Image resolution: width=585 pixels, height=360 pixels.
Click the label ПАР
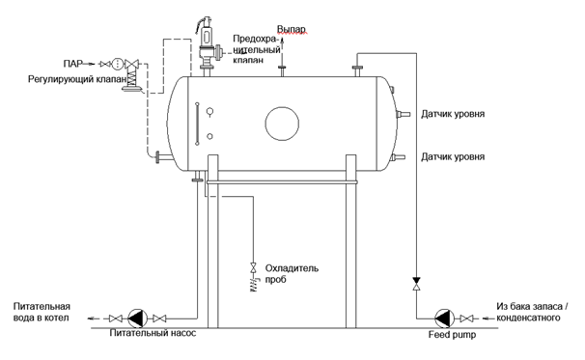pos(72,64)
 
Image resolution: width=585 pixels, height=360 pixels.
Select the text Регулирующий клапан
pos(77,79)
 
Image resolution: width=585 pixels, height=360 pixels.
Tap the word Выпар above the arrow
pos(291,29)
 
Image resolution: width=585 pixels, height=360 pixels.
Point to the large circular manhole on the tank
pos(282,124)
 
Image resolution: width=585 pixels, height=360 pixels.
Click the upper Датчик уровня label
pos(453,114)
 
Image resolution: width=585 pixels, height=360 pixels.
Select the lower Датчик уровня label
pos(453,156)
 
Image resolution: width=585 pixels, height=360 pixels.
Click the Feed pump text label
pos(452,335)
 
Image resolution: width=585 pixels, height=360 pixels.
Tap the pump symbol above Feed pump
pos(444,318)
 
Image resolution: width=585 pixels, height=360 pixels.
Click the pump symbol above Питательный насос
pos(138,318)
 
